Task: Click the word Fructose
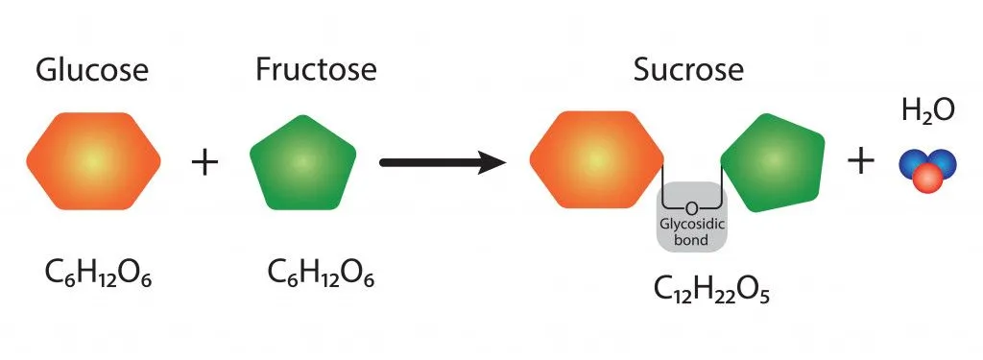point(316,69)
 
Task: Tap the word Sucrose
point(688,69)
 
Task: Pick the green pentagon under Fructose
point(302,162)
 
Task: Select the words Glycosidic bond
point(692,232)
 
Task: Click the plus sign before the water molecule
point(860,161)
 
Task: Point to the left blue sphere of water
point(912,163)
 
